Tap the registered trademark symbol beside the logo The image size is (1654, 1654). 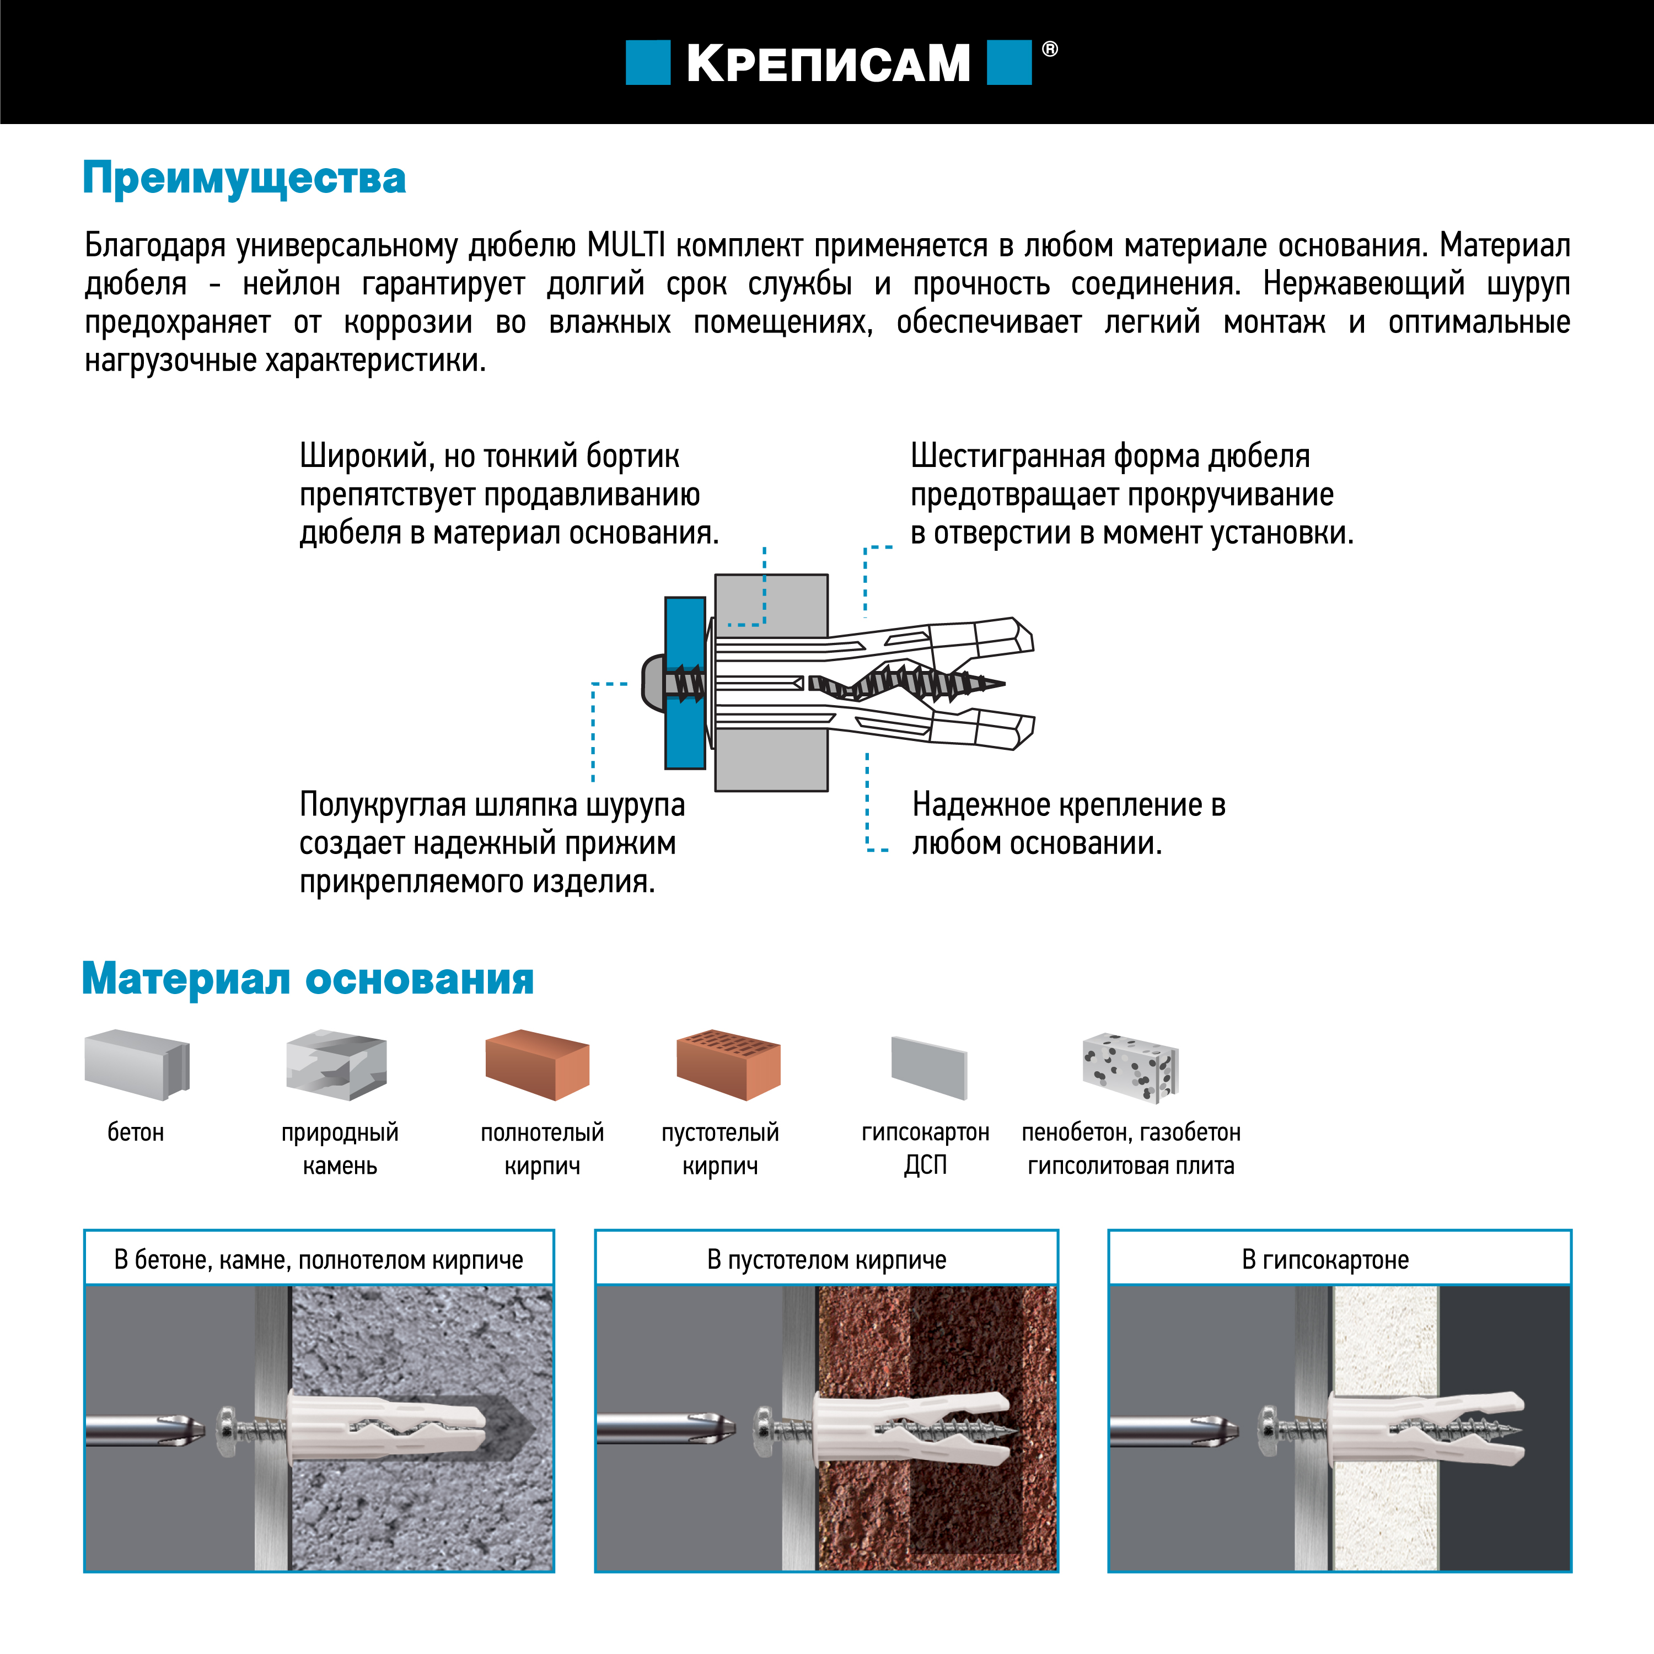click(x=1050, y=50)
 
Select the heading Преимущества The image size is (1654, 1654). click(x=244, y=178)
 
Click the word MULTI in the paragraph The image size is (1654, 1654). click(x=626, y=246)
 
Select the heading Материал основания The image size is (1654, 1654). click(x=307, y=979)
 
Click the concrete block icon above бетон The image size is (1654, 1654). click(x=136, y=1065)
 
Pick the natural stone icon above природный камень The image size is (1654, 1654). click(x=336, y=1065)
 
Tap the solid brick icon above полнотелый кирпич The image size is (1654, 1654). click(x=537, y=1065)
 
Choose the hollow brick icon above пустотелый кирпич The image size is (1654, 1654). click(x=728, y=1065)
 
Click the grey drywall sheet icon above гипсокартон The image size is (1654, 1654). click(x=929, y=1067)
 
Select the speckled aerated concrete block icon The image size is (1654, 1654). click(x=1130, y=1067)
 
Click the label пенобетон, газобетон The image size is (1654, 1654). click(x=1130, y=1132)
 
